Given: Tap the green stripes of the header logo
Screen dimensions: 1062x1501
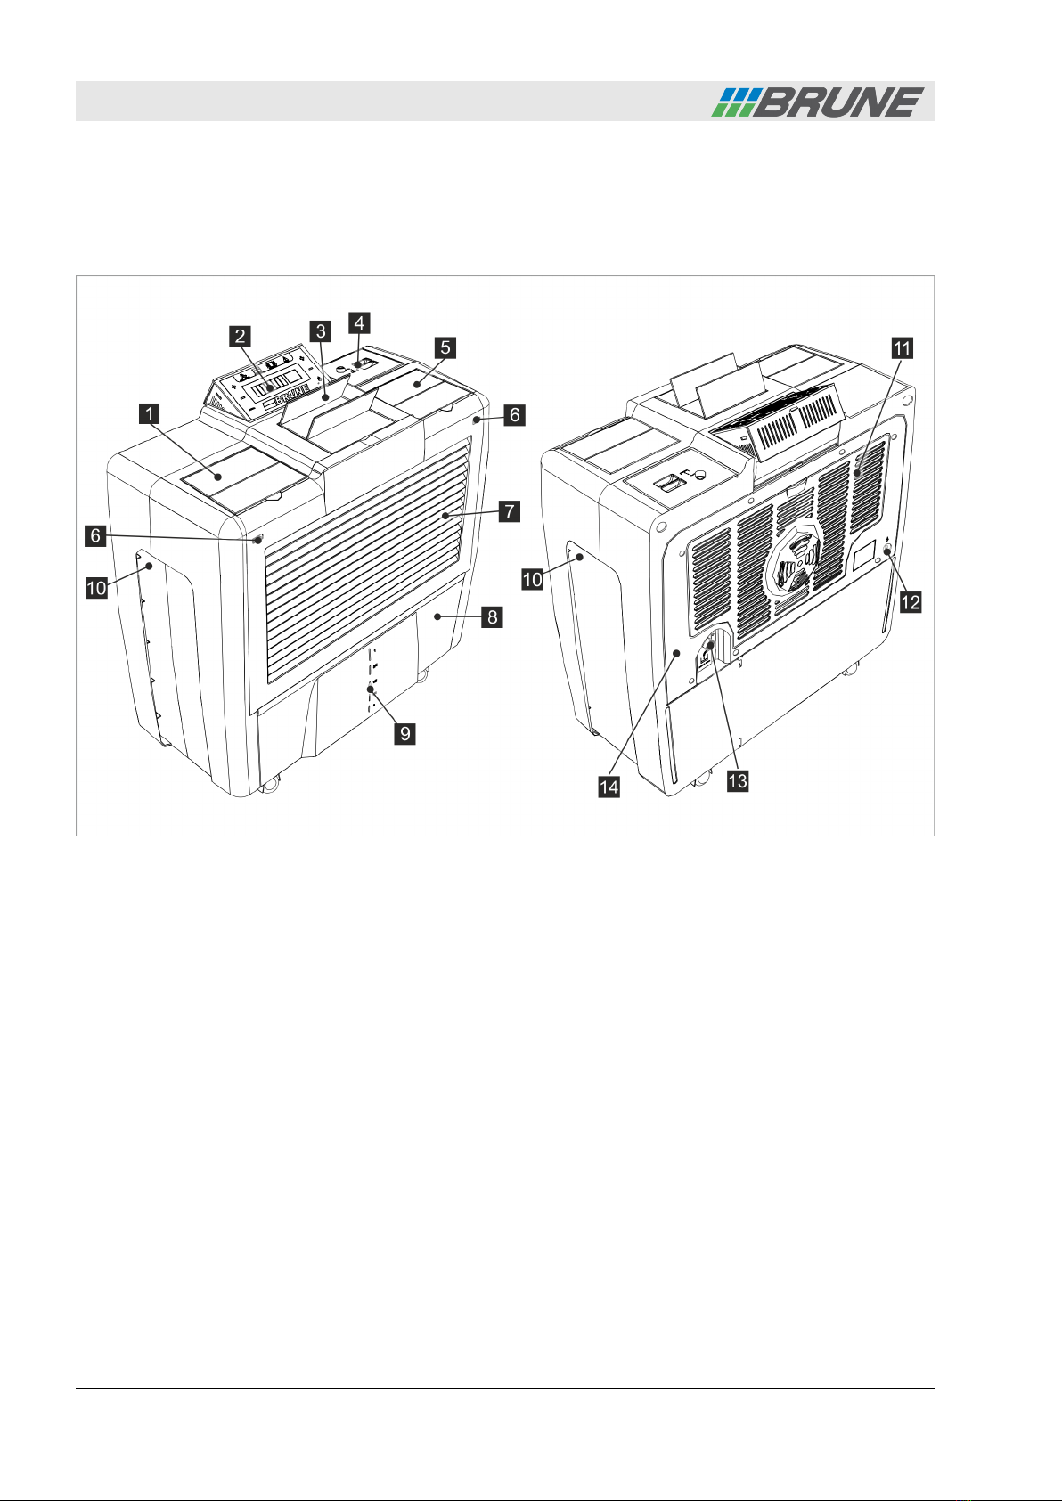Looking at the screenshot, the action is tap(732, 102).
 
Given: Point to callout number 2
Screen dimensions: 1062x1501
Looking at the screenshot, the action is tap(239, 337).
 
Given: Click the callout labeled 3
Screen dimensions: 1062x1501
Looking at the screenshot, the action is tap(321, 331).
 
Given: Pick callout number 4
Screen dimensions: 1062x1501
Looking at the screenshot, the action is tap(359, 322).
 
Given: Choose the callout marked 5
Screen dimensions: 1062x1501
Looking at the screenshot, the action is tap(445, 347).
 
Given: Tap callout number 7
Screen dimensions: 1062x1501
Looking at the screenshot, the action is tap(510, 511).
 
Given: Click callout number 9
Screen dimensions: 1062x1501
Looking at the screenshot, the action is tap(405, 733).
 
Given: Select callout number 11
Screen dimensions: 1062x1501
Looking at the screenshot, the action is tap(903, 347).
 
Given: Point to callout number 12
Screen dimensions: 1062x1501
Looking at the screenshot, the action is tap(910, 602).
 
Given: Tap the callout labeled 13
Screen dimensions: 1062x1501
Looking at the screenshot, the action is tap(737, 780).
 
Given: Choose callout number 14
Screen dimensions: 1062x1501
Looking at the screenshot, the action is tap(609, 787).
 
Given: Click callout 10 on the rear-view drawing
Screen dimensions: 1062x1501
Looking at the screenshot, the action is tap(532, 579).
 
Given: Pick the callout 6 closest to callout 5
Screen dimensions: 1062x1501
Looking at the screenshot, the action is tap(514, 415).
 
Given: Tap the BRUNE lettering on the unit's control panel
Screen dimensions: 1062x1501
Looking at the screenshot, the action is tap(284, 400).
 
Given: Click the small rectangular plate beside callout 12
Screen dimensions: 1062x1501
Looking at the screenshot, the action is tap(864, 559).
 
